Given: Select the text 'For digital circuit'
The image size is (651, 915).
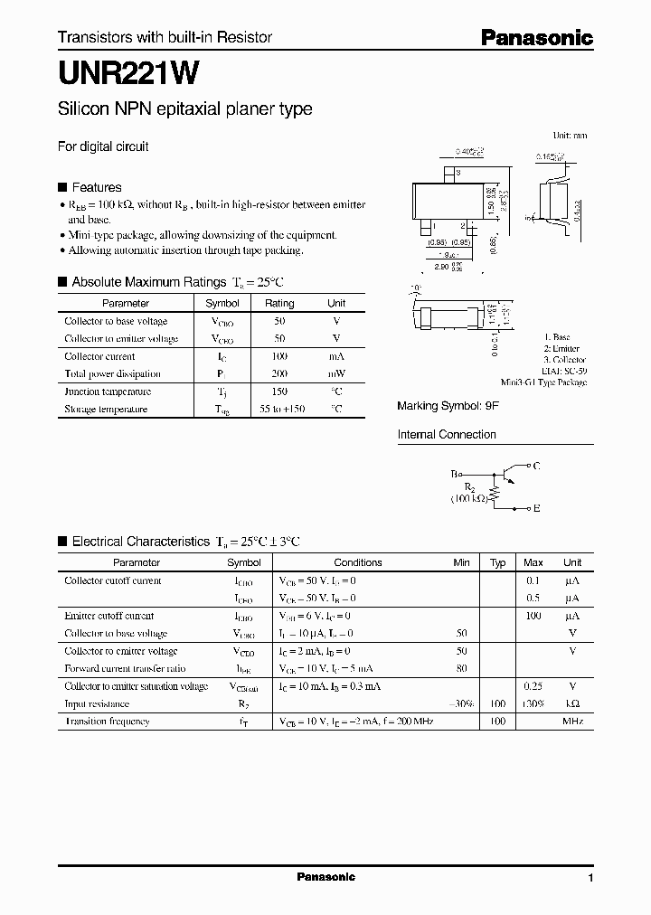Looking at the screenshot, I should point(103,146).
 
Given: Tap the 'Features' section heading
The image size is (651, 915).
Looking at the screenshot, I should point(96,187).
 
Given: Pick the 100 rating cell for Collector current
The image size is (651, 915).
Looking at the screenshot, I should point(279,356).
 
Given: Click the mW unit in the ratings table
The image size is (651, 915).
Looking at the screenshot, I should point(336,373).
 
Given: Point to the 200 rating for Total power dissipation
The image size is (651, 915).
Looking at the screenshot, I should point(279,373).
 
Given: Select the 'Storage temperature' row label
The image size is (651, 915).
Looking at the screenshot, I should point(106,409).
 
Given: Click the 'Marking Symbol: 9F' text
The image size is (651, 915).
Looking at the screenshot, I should point(448,406).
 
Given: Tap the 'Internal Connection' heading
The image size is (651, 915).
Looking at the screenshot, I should point(447,435).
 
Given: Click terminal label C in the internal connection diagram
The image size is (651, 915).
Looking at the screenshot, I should point(536,466).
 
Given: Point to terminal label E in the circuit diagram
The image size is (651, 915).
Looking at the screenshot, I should point(536,509).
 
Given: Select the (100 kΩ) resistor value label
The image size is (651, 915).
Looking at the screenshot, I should point(470,498).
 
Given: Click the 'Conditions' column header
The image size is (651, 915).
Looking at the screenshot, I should point(358,562).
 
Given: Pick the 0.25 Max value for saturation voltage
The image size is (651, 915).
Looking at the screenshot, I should point(533,686).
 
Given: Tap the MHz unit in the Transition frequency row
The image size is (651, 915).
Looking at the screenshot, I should point(572,722).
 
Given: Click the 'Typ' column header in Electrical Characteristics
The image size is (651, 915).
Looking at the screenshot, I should point(497,562).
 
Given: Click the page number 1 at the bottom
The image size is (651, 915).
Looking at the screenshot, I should point(590,878).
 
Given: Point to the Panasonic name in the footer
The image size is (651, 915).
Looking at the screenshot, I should point(325,877).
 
